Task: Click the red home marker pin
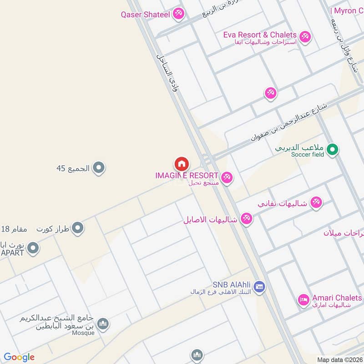[x=182, y=164]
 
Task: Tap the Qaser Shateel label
[x=145, y=15]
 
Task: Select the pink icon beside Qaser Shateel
[x=178, y=14]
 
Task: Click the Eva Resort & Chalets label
[x=260, y=35]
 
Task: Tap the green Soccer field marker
[x=333, y=148]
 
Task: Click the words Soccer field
[x=308, y=155]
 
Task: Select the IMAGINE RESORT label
[x=187, y=175]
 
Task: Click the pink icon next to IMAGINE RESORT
[x=227, y=177]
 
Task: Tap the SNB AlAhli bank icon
[x=259, y=286]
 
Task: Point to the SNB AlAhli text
[x=232, y=285]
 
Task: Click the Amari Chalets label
[x=337, y=298]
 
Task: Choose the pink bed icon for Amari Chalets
[x=303, y=300]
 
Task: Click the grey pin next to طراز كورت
[x=78, y=227]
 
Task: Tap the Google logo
[x=19, y=357]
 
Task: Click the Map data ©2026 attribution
[x=339, y=359]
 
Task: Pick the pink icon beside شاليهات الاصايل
[x=247, y=219]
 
